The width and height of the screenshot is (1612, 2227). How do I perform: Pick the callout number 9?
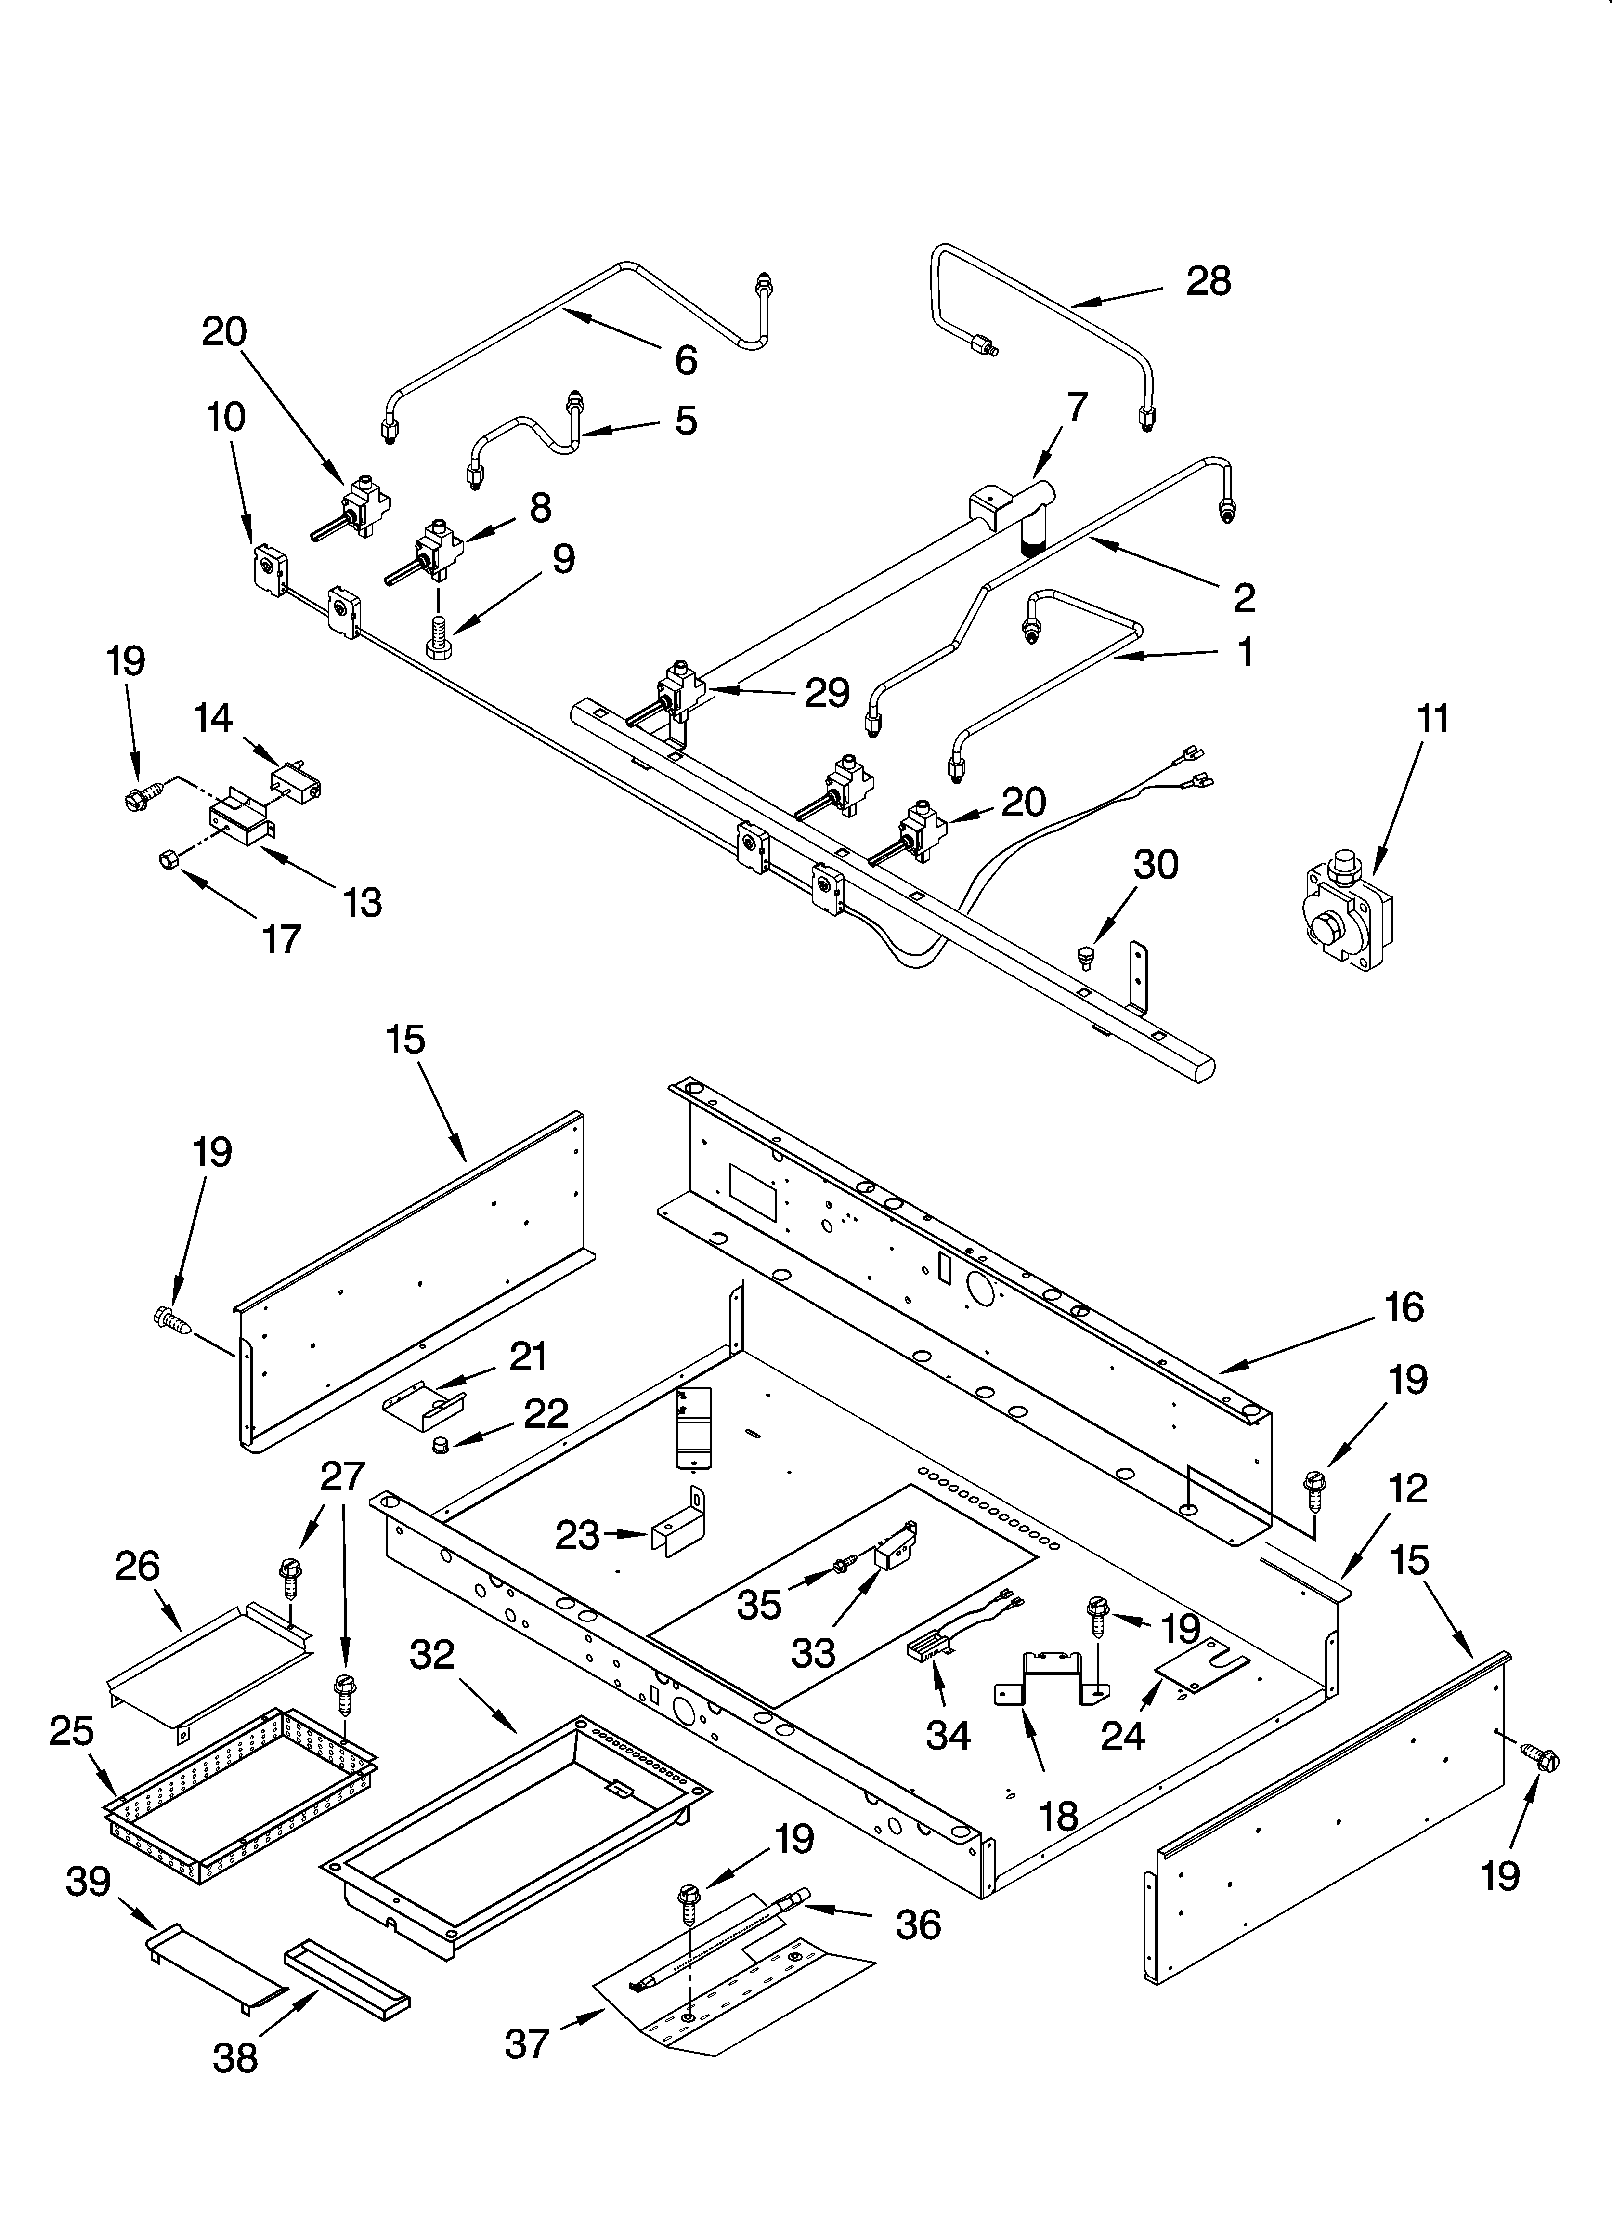tap(562, 560)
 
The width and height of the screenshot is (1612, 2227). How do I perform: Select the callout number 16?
tap(1404, 1308)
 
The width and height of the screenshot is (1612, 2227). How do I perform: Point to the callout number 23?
tap(577, 1536)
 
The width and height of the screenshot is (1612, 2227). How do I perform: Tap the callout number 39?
tap(89, 1884)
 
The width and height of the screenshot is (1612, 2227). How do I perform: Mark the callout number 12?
tap(1408, 1489)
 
